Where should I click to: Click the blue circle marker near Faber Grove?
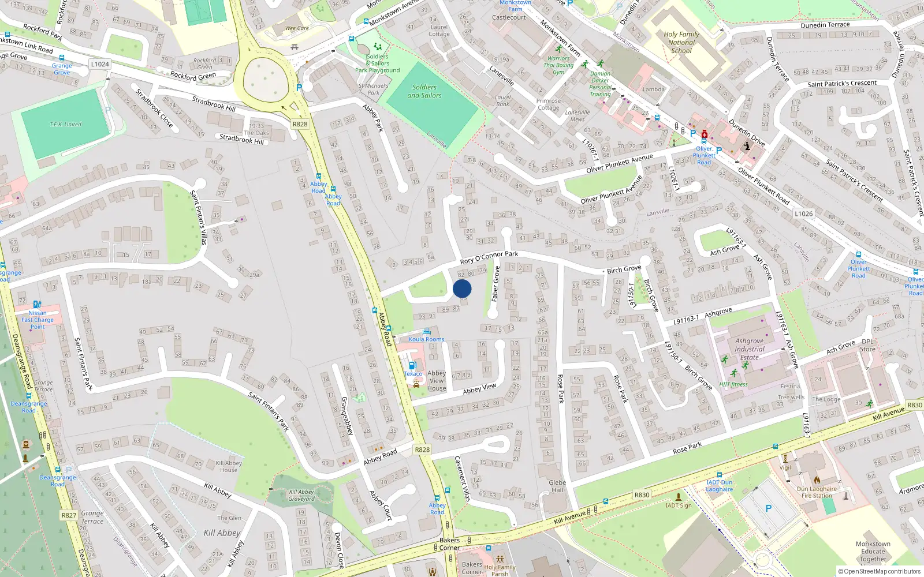(x=462, y=288)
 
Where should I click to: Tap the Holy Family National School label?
(x=681, y=42)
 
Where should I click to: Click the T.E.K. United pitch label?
(x=65, y=124)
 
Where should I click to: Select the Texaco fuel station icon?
(x=412, y=365)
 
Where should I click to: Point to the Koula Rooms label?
(x=426, y=339)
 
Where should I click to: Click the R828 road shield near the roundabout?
(x=300, y=124)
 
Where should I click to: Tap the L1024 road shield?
(x=100, y=64)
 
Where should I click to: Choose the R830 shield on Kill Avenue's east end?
(x=914, y=405)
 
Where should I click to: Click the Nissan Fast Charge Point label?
(x=38, y=320)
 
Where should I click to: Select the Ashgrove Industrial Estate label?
(x=750, y=349)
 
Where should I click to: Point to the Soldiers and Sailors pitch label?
(x=424, y=91)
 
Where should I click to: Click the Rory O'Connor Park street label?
(x=489, y=257)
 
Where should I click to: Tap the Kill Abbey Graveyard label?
(x=301, y=496)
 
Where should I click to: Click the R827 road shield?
(x=69, y=515)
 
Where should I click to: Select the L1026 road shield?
(x=803, y=213)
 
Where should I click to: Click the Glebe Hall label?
(x=557, y=486)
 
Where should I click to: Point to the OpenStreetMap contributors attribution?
(x=879, y=572)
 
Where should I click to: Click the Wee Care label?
(x=297, y=28)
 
